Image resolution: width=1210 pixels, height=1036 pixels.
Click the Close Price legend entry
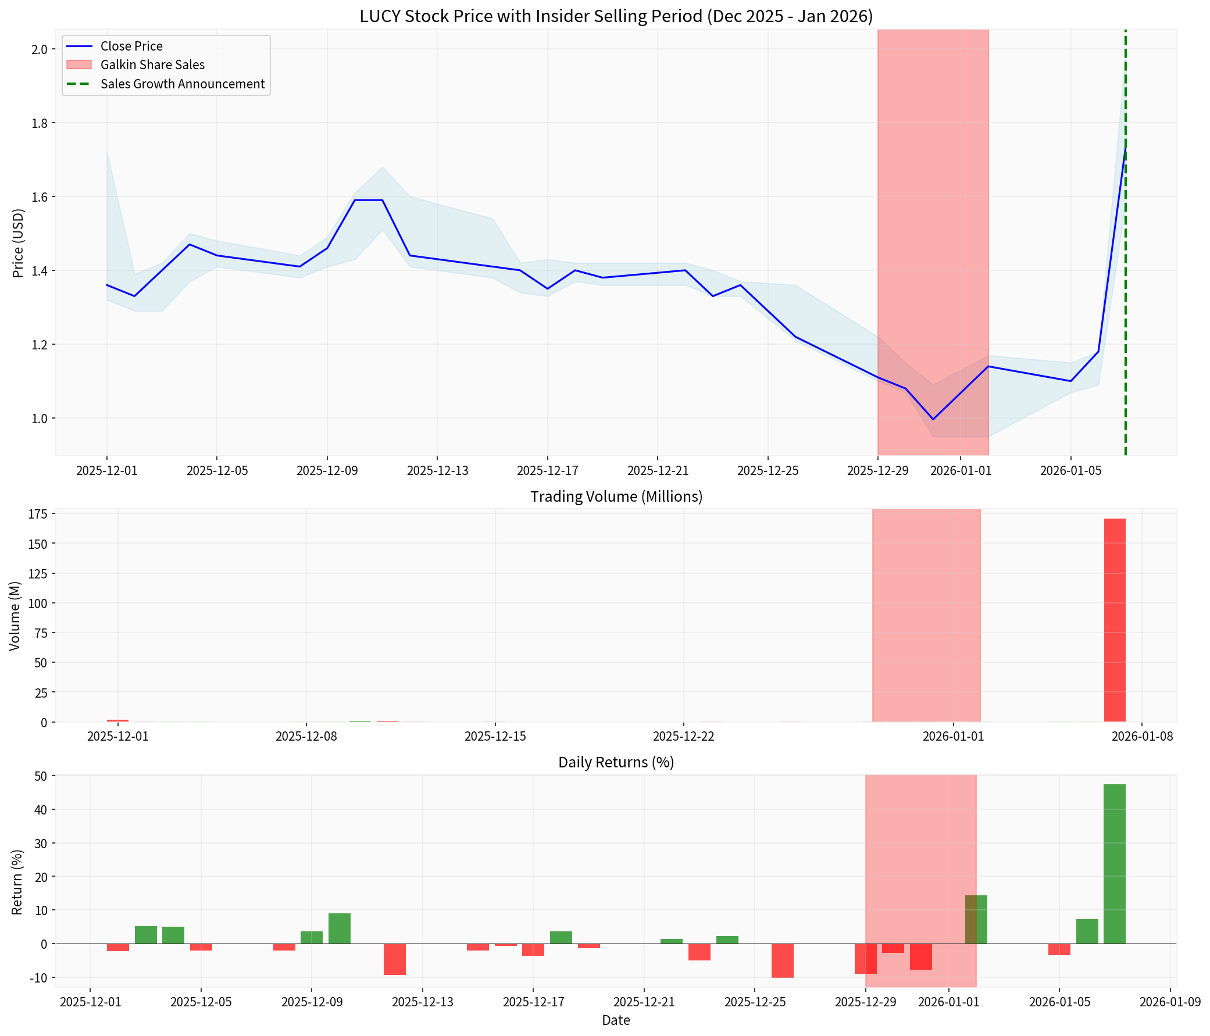click(x=131, y=46)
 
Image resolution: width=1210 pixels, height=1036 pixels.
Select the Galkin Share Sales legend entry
click(x=152, y=65)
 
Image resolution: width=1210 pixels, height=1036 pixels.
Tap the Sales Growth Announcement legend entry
click(x=182, y=84)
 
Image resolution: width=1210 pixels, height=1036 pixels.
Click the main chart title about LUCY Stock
click(x=616, y=16)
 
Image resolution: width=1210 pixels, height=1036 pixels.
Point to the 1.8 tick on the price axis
click(x=40, y=123)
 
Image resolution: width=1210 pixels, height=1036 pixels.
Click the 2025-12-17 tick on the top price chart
click(x=547, y=471)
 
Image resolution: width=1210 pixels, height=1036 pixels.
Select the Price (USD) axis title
click(x=18, y=244)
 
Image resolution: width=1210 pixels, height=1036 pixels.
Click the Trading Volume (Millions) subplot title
click(x=616, y=497)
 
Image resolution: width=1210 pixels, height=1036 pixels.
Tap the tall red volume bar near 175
click(x=1114, y=620)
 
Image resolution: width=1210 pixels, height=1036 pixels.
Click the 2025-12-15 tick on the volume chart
click(x=495, y=737)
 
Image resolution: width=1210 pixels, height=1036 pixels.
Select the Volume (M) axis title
click(x=15, y=616)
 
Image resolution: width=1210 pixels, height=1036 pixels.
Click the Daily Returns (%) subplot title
click(x=616, y=763)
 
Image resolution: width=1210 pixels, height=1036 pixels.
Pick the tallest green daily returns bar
click(x=1114, y=864)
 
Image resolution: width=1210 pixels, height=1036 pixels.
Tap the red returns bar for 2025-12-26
click(x=782, y=960)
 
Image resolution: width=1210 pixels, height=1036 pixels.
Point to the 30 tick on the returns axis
click(x=42, y=844)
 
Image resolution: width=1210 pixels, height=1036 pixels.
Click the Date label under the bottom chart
click(x=616, y=1021)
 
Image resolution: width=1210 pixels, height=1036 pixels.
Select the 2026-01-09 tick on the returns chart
click(x=1170, y=1003)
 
